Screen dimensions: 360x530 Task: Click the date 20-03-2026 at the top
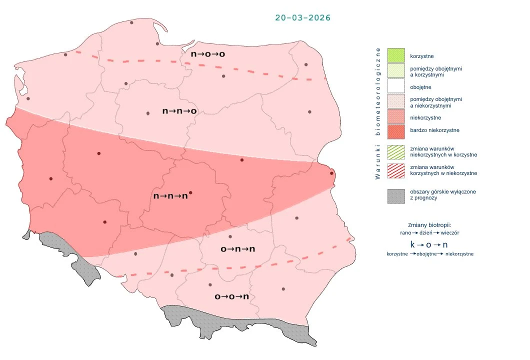tap(302, 17)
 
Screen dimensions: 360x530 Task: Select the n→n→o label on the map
tap(179, 111)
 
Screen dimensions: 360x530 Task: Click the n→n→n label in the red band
tap(170, 196)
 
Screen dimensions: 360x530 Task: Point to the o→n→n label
tap(237, 248)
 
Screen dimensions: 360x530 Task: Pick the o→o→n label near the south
tap(231, 296)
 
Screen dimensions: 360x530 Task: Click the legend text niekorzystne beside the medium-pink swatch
tap(425, 117)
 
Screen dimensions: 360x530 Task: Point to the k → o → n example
tap(428, 245)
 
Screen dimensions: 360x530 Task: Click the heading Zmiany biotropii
tap(429, 225)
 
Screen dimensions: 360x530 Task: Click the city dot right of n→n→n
tap(190, 192)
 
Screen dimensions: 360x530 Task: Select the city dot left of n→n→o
tap(148, 113)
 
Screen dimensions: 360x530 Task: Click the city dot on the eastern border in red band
tap(331, 173)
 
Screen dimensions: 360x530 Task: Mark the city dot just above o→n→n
tap(230, 236)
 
